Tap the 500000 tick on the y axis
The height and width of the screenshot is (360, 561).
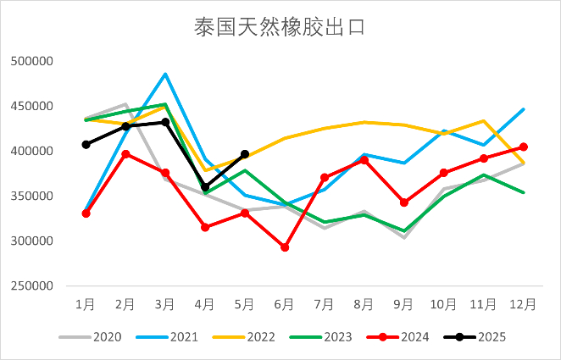tap(31, 62)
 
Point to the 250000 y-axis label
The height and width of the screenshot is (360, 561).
tap(31, 285)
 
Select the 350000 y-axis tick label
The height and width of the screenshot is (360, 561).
tap(31, 196)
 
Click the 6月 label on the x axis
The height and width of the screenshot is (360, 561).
tap(285, 302)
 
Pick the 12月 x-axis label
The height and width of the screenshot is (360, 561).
tap(523, 302)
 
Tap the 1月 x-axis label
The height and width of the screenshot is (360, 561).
tap(86, 302)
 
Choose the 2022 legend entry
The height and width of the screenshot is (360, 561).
tap(261, 337)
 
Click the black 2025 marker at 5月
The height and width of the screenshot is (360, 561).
tap(245, 154)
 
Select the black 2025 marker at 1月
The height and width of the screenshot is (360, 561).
tap(86, 145)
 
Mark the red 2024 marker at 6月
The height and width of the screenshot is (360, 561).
tap(285, 247)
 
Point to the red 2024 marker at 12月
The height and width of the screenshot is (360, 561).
tap(524, 147)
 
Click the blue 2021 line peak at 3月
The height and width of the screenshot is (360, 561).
tap(165, 74)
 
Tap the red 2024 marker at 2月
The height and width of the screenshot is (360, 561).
tap(125, 154)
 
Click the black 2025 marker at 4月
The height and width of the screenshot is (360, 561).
tap(205, 187)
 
